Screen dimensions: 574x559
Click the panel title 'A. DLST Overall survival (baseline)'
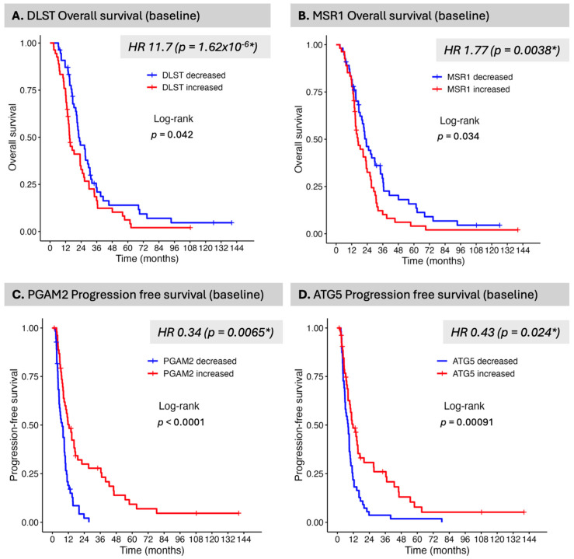point(106,16)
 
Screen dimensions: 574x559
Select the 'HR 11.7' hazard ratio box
point(195,47)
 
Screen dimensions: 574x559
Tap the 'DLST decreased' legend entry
point(186,75)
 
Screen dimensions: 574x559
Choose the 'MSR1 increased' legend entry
point(471,89)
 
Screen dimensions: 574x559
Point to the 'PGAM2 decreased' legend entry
point(192,361)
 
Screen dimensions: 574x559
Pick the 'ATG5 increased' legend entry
point(476,373)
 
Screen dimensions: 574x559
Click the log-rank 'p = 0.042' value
point(172,135)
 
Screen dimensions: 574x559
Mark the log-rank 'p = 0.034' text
point(458,137)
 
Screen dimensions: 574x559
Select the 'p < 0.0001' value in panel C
point(181,422)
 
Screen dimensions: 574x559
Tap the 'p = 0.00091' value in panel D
point(467,422)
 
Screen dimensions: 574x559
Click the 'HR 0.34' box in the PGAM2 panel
point(216,332)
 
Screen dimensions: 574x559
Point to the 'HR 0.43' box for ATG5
point(506,332)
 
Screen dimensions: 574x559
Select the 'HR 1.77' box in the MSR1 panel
point(503,50)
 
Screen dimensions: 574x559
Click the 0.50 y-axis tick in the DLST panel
point(28,138)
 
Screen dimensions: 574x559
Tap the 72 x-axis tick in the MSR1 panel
point(429,250)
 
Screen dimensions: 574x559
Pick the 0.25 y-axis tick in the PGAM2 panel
point(30,473)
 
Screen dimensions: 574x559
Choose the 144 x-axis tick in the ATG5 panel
point(529,540)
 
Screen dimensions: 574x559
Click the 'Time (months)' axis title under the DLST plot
point(147,259)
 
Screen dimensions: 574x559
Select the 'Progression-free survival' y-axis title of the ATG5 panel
point(299,425)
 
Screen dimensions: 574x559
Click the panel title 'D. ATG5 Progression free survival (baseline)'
point(418,295)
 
